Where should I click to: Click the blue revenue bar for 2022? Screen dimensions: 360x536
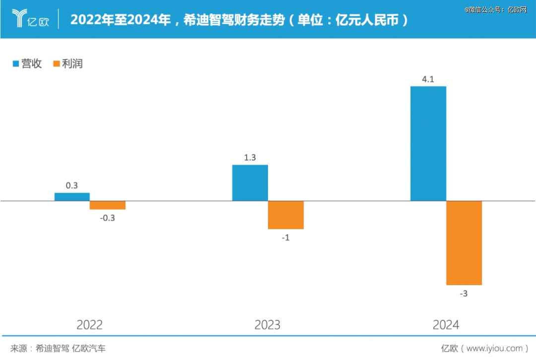[72, 197]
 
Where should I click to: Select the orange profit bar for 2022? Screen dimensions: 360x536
[108, 205]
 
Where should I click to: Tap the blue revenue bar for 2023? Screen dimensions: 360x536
[250, 183]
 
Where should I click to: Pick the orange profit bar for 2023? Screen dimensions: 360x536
[286, 215]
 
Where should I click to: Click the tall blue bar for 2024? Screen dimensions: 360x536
[428, 144]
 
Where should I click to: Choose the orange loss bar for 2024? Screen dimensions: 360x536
[464, 243]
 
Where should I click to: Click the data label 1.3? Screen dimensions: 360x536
[250, 158]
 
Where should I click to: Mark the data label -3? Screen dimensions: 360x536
[464, 294]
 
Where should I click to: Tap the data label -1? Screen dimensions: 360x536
[285, 238]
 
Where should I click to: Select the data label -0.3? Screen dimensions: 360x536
[107, 218]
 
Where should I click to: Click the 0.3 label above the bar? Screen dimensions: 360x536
[72, 185]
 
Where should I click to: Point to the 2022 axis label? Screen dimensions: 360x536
[90, 325]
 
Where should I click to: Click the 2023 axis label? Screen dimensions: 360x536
[268, 325]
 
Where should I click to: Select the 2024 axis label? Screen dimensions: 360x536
[446, 325]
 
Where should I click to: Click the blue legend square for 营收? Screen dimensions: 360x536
[16, 63]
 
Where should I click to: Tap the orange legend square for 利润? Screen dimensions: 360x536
[57, 63]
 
